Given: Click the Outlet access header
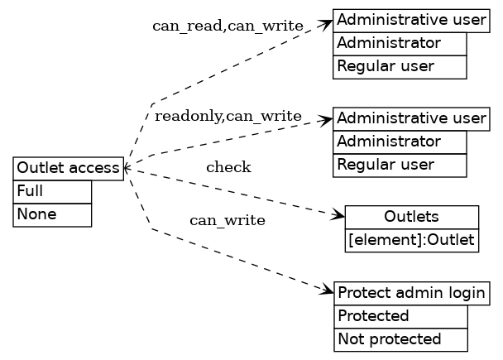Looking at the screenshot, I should coord(68,169).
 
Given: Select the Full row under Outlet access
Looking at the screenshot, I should coord(52,191).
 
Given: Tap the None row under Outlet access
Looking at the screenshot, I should coord(52,214).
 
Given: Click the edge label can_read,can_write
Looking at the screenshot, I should coord(228,26).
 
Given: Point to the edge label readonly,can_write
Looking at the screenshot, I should coord(228,116).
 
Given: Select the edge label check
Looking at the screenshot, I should coord(228,168).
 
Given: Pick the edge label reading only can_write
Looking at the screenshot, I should coord(228,220).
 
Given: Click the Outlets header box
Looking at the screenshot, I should coord(411,218).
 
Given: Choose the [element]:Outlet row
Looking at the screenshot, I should coord(411,241).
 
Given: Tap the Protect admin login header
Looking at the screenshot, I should coord(411,293).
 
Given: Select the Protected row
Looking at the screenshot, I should coord(400,316).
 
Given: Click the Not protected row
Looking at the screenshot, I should coord(400,339).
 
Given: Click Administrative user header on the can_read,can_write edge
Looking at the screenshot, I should coord(411,20).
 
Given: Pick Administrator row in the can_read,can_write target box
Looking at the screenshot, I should coord(400,43).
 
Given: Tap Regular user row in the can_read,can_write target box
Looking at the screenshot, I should coord(400,66).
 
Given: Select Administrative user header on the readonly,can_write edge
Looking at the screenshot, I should coord(411,118).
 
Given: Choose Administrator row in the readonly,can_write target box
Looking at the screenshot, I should coord(400,142).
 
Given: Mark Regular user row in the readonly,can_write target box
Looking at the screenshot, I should coord(400,165).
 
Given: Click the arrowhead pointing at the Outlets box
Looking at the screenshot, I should coord(338,217).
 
